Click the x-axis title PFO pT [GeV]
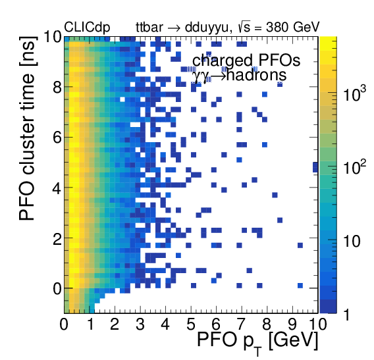257,340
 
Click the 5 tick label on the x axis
191,324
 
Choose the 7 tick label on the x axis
242,324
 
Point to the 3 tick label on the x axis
140,324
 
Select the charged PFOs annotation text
246,61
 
